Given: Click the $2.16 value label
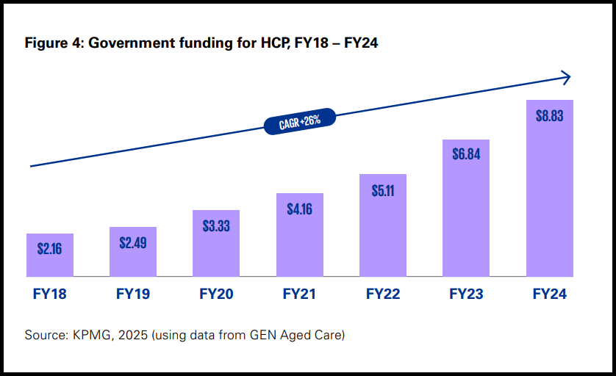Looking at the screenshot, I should [49, 248].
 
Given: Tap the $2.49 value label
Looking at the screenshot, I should [133, 242].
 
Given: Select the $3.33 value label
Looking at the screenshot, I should [216, 225].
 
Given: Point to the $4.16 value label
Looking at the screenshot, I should [299, 209].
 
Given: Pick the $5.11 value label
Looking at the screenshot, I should [382, 190].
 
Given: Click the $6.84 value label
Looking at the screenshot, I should [466, 155].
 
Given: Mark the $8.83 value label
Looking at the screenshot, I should [549, 115].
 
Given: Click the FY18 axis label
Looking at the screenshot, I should [50, 294].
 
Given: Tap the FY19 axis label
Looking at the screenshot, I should [133, 294].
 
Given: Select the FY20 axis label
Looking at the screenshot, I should [216, 294].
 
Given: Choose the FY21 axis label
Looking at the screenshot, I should [299, 294].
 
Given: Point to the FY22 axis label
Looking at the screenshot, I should [383, 294].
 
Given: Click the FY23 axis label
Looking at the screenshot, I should [466, 294].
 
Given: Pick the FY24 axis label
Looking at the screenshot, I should [549, 294].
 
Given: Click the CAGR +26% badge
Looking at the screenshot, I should [300, 121].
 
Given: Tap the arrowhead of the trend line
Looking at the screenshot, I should [566, 76].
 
